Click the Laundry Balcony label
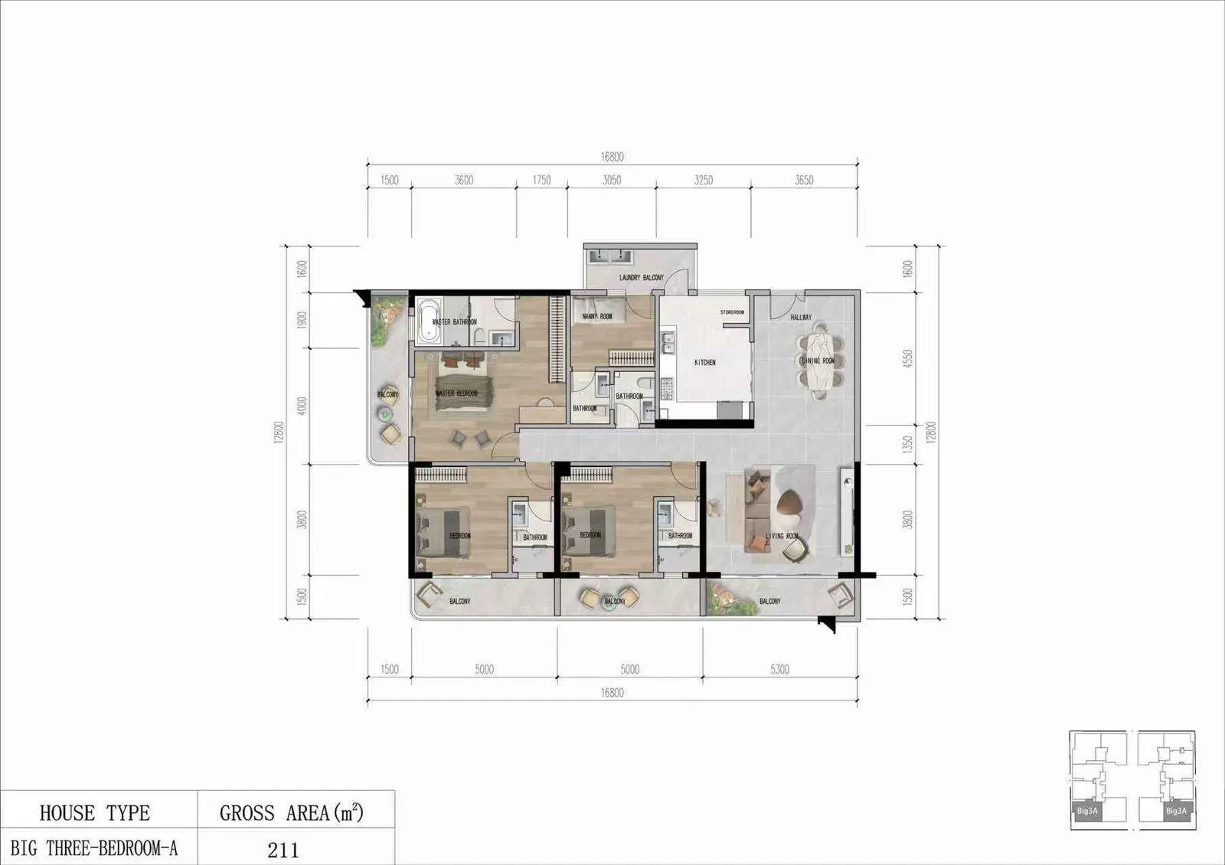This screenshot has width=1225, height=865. click(x=641, y=277)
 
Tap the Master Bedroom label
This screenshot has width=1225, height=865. click(x=456, y=393)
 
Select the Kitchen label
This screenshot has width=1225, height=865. click(x=705, y=362)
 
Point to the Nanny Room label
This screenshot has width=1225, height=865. click(x=597, y=316)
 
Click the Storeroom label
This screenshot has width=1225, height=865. click(x=732, y=312)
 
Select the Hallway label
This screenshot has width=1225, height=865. click(x=801, y=317)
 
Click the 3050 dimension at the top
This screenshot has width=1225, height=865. click(x=612, y=181)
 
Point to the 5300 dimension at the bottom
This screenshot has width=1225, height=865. click(x=779, y=670)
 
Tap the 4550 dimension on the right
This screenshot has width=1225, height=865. click(x=908, y=358)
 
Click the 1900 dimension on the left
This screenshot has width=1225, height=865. click(x=302, y=319)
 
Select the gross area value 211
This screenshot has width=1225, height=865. click(x=283, y=850)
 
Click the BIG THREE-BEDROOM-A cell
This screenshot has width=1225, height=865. click(x=94, y=848)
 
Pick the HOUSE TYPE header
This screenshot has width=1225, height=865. click(x=95, y=813)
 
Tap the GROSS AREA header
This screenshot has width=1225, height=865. click(x=291, y=813)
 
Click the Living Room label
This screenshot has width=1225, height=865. click(x=782, y=536)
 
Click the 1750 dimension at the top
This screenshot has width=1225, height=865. click(x=541, y=181)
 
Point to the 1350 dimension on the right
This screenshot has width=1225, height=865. click(x=908, y=445)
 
